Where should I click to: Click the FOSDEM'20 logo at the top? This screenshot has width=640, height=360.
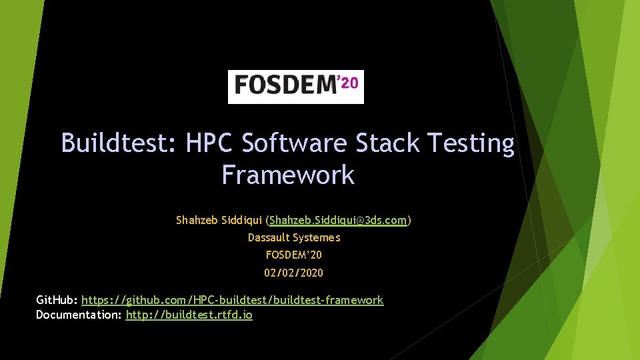click(x=296, y=87)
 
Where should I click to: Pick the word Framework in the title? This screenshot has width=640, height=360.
click(x=288, y=175)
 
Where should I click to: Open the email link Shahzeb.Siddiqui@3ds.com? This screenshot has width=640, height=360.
click(x=338, y=220)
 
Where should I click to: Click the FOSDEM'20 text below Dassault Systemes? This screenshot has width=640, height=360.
click(x=294, y=255)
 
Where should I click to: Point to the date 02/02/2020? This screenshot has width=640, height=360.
click(x=294, y=273)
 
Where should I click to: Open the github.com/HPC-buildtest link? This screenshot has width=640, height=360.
click(x=233, y=300)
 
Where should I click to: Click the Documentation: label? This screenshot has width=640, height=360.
click(x=79, y=315)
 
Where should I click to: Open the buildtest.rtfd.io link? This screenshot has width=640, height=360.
click(x=189, y=315)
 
